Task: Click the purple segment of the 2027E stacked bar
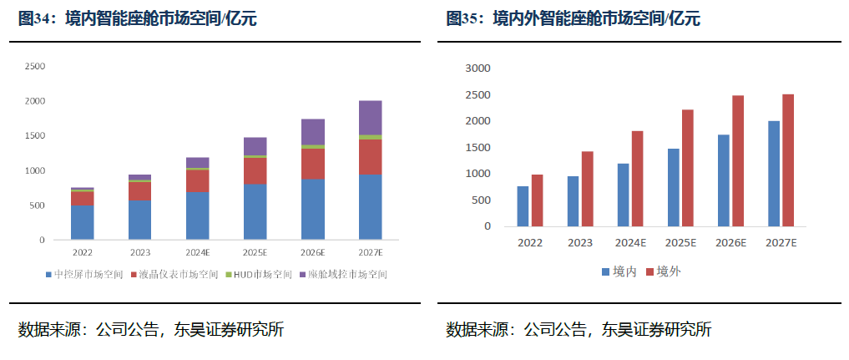(x=370, y=117)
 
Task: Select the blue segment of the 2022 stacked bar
(x=82, y=222)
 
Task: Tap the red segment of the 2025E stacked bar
(x=255, y=170)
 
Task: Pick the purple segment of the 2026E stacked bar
(x=312, y=131)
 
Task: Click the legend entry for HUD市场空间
(x=262, y=274)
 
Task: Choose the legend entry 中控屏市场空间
(x=88, y=274)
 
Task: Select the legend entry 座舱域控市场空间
(x=347, y=274)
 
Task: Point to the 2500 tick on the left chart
(x=35, y=66)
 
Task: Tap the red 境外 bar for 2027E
(x=788, y=160)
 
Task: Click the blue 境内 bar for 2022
(x=523, y=205)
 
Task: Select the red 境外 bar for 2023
(x=587, y=188)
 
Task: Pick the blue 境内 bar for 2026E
(x=723, y=180)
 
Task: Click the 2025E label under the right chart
(x=681, y=242)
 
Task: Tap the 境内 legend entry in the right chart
(x=618, y=271)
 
